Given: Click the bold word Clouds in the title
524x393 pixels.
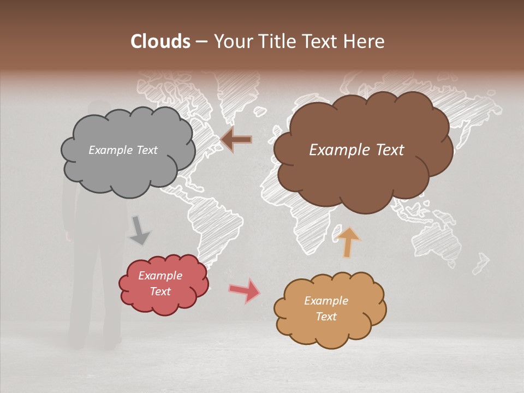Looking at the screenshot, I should click(160, 41).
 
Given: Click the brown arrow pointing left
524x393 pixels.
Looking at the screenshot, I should click(236, 140).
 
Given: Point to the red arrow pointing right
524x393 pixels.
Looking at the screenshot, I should click(245, 290).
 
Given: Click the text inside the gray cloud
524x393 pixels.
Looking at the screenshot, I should click(123, 150).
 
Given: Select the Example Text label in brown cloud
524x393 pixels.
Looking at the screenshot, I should click(356, 150).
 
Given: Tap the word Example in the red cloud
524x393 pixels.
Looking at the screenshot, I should click(160, 276).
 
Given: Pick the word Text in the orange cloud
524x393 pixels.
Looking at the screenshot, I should click(326, 317).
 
